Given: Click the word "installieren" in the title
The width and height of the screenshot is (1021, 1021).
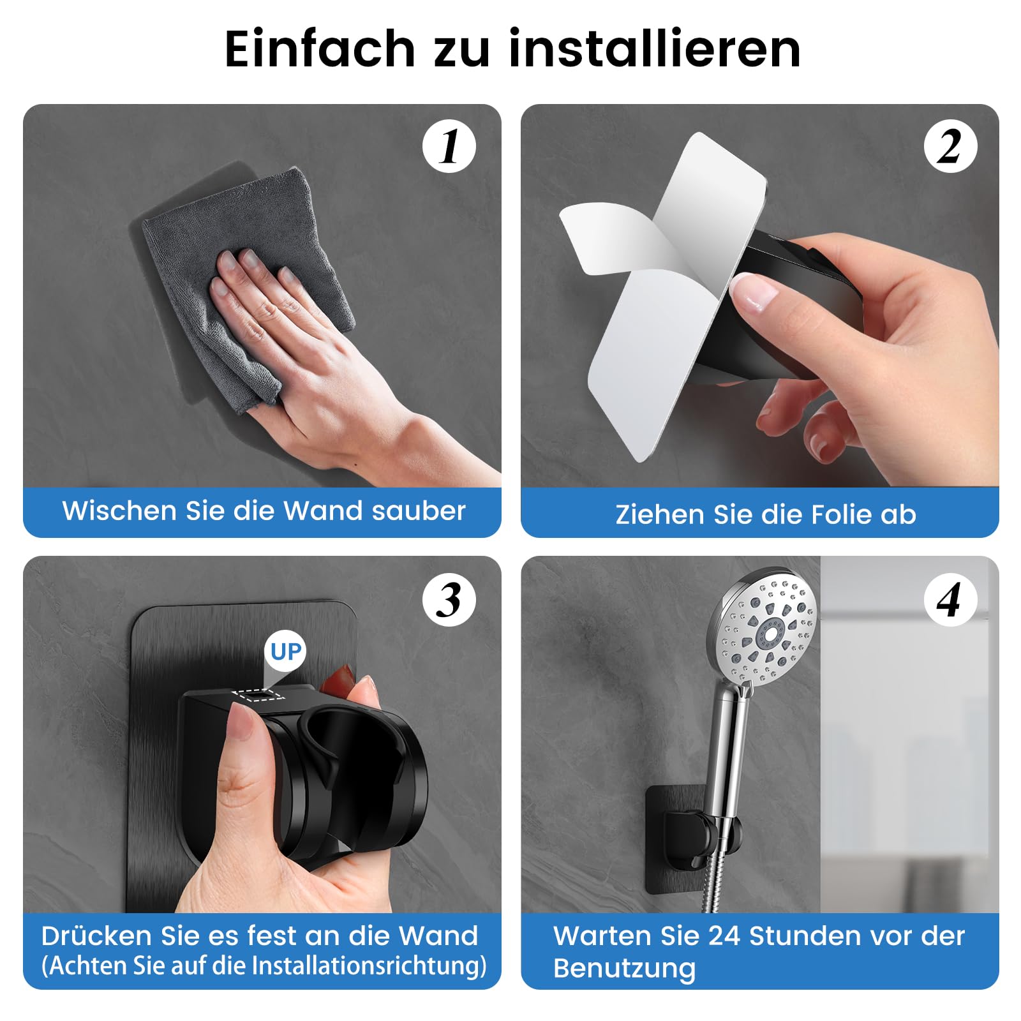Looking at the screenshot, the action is (x=655, y=49).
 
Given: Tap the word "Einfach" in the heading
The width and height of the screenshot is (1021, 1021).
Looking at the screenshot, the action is (x=320, y=49).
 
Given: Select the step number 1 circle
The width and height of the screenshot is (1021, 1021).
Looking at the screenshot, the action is (x=449, y=146).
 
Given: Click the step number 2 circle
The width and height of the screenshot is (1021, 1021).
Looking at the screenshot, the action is (x=950, y=146).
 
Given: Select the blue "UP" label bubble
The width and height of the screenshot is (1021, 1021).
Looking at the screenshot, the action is (x=285, y=652).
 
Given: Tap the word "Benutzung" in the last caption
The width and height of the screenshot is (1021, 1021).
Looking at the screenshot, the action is (x=624, y=969).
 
